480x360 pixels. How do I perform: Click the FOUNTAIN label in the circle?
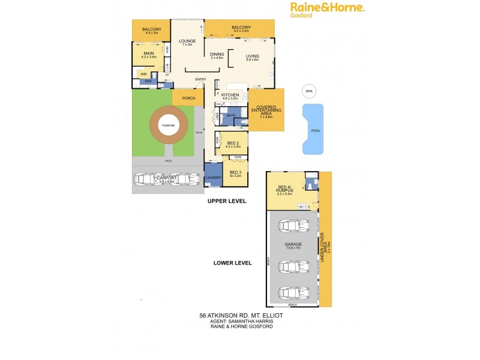[168, 125]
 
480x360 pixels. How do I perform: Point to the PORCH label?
[188, 98]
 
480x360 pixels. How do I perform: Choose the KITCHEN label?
[230, 95]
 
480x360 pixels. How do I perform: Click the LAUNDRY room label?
[213, 178]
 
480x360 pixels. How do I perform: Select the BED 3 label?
[235, 172]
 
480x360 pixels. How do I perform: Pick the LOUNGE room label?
[187, 41]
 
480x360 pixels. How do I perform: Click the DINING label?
[217, 54]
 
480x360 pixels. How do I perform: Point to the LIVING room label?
[252, 56]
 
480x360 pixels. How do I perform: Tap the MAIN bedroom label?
[148, 53]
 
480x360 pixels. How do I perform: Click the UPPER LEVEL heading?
[227, 202]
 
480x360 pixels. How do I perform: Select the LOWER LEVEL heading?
[233, 263]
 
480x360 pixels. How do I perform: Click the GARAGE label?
[293, 245]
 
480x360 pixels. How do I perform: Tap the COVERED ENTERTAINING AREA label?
[266, 110]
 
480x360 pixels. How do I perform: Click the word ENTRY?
[200, 80]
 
